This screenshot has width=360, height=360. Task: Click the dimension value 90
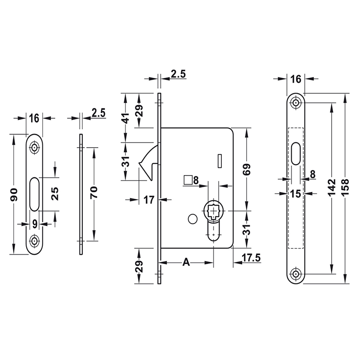pyautogui.click(x=14, y=194)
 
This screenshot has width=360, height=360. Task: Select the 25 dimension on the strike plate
pyautogui.click(x=55, y=194)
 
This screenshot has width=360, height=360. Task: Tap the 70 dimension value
pyautogui.click(x=94, y=194)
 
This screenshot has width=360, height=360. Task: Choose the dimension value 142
pyautogui.click(x=332, y=188)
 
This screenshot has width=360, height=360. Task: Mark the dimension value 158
pyautogui.click(x=345, y=188)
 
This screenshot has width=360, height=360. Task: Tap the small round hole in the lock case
pyautogui.click(x=192, y=219)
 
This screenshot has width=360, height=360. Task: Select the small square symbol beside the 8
pyautogui.click(x=188, y=180)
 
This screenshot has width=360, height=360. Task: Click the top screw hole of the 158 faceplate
pyautogui.click(x=296, y=103)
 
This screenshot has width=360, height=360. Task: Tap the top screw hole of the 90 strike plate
pyautogui.click(x=34, y=148)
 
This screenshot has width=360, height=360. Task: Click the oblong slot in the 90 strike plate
pyautogui.click(x=34, y=194)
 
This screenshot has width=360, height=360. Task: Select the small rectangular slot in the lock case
pyautogui.click(x=219, y=159)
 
